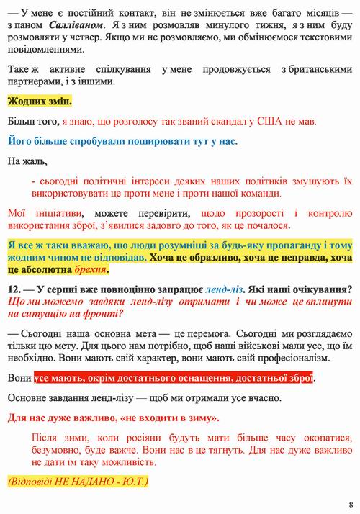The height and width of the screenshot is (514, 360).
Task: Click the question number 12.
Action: point(15,288)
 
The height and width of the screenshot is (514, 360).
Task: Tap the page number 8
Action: point(350,503)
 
